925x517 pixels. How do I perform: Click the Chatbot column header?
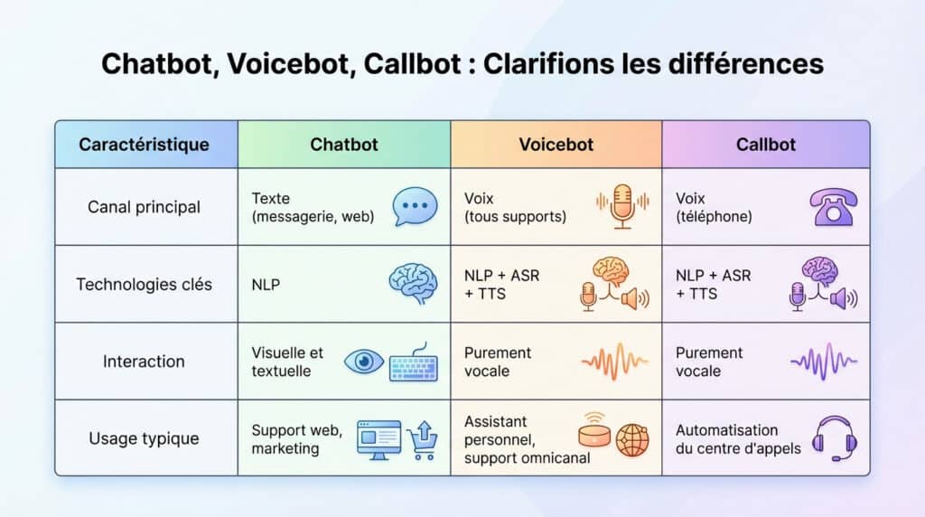click(x=344, y=145)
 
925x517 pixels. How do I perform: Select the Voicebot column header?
click(x=556, y=145)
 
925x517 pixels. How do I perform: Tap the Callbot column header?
click(x=766, y=145)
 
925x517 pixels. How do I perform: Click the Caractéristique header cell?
click(x=145, y=145)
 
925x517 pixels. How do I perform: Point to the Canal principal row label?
click(x=145, y=207)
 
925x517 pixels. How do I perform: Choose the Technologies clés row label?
click(x=145, y=284)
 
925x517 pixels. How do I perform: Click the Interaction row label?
click(x=145, y=362)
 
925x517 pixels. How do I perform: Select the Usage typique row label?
click(x=145, y=438)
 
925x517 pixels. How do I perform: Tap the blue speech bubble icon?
click(x=415, y=207)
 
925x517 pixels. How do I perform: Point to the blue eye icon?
click(x=365, y=362)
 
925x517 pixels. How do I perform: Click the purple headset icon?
click(x=834, y=439)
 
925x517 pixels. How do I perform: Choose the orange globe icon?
click(x=632, y=440)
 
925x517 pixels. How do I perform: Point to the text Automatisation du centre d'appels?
click(x=738, y=439)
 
